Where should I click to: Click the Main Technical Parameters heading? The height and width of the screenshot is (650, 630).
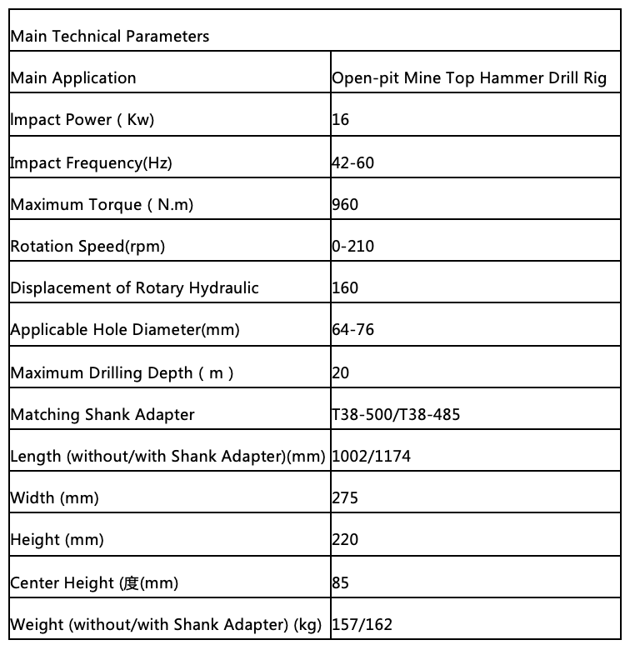pos(109,36)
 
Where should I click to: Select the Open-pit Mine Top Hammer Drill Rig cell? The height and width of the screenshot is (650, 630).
pos(469,78)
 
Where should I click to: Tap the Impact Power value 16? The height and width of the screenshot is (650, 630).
pos(340,120)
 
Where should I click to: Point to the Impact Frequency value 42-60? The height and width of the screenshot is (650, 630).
pos(352,162)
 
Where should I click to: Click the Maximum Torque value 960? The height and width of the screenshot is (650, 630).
pos(345,204)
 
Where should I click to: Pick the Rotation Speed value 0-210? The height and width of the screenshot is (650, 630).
pos(352,247)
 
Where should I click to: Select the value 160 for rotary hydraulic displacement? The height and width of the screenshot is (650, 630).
pos(345,288)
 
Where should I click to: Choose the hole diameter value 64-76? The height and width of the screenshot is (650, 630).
pos(352,330)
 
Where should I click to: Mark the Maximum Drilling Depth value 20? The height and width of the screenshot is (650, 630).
pos(340,372)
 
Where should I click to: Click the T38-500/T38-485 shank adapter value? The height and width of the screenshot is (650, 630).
pos(396,414)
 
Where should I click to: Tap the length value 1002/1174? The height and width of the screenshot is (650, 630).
pos(371,457)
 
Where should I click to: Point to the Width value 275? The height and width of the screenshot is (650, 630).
pos(345,498)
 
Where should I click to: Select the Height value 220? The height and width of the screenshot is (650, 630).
pos(345,540)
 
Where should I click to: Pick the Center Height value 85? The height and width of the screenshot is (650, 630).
pos(340,582)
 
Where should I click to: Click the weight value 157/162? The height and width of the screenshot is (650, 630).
pos(362,624)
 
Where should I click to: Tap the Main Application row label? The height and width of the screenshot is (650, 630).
pos(73,78)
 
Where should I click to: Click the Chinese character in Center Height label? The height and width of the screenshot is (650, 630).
pos(129,582)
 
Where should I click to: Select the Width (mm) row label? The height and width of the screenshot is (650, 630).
pos(54,498)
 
